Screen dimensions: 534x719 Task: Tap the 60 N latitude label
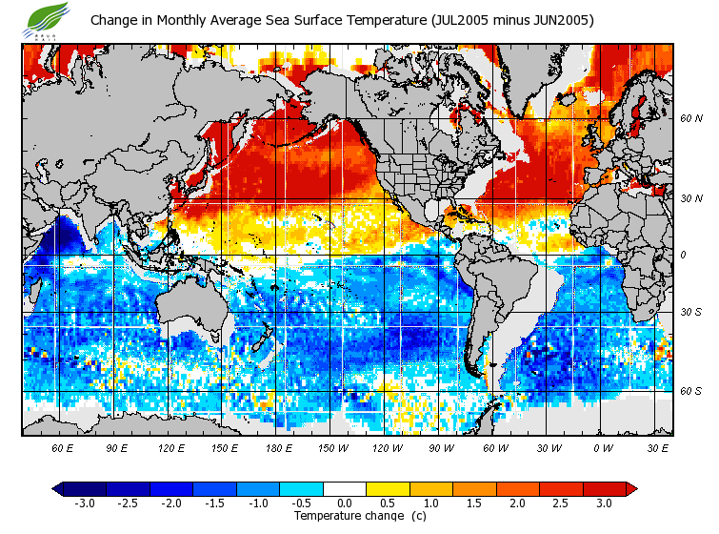pos(690,118)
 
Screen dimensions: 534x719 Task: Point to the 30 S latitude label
pos(690,312)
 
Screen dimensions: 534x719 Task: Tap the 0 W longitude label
pos(602,447)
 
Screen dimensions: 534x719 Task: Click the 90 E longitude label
pos(117,447)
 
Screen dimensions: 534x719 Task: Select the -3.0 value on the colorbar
pos(85,503)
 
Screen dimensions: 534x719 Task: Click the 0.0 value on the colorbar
pos(345,503)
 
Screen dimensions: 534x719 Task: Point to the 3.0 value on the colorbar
pos(604,503)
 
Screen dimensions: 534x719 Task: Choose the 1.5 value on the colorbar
pos(474,503)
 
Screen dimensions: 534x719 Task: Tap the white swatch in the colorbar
pos(344,489)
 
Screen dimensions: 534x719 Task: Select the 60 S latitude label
pos(690,391)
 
